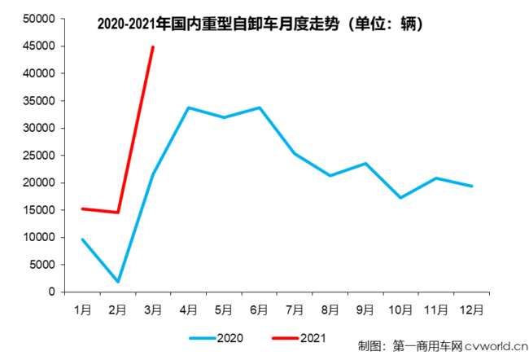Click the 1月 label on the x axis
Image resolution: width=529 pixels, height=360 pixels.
pos(83,310)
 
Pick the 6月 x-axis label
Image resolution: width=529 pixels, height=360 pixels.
pos(259,310)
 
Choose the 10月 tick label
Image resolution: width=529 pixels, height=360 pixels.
pos(400,310)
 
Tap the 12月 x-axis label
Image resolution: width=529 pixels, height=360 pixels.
pos(471,310)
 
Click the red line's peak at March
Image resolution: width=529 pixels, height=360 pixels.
pos(153,46)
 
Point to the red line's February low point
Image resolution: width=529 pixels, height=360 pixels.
pos(118,213)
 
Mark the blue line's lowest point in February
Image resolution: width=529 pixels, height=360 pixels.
pos(118,282)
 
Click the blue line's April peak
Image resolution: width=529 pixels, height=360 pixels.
pos(189,108)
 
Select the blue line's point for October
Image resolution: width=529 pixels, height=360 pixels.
pos(400,198)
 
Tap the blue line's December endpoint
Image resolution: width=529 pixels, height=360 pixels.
pos(471,186)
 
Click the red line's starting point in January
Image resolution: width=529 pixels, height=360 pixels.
pos(83,209)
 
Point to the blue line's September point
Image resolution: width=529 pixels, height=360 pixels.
pos(365,163)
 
